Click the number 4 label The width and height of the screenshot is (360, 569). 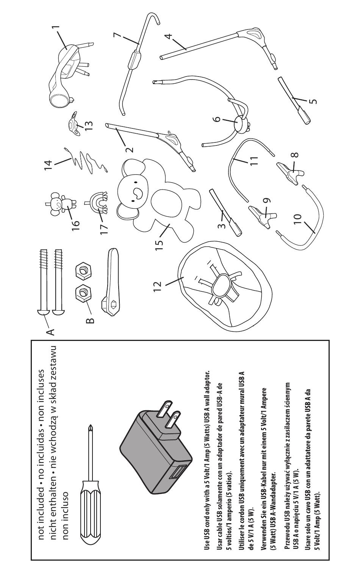pyautogui.click(x=169, y=36)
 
